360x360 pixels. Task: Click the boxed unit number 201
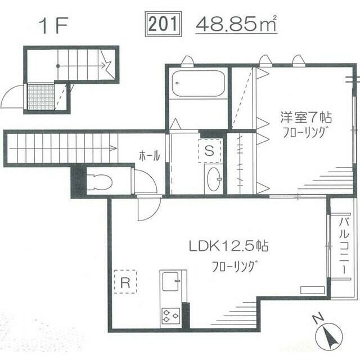[164, 24]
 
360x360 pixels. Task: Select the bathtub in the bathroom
[197, 84]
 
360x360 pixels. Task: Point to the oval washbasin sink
[214, 179]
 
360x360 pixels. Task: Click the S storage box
[209, 150]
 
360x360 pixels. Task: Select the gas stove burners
[170, 315]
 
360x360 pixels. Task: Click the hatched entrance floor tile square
[40, 97]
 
